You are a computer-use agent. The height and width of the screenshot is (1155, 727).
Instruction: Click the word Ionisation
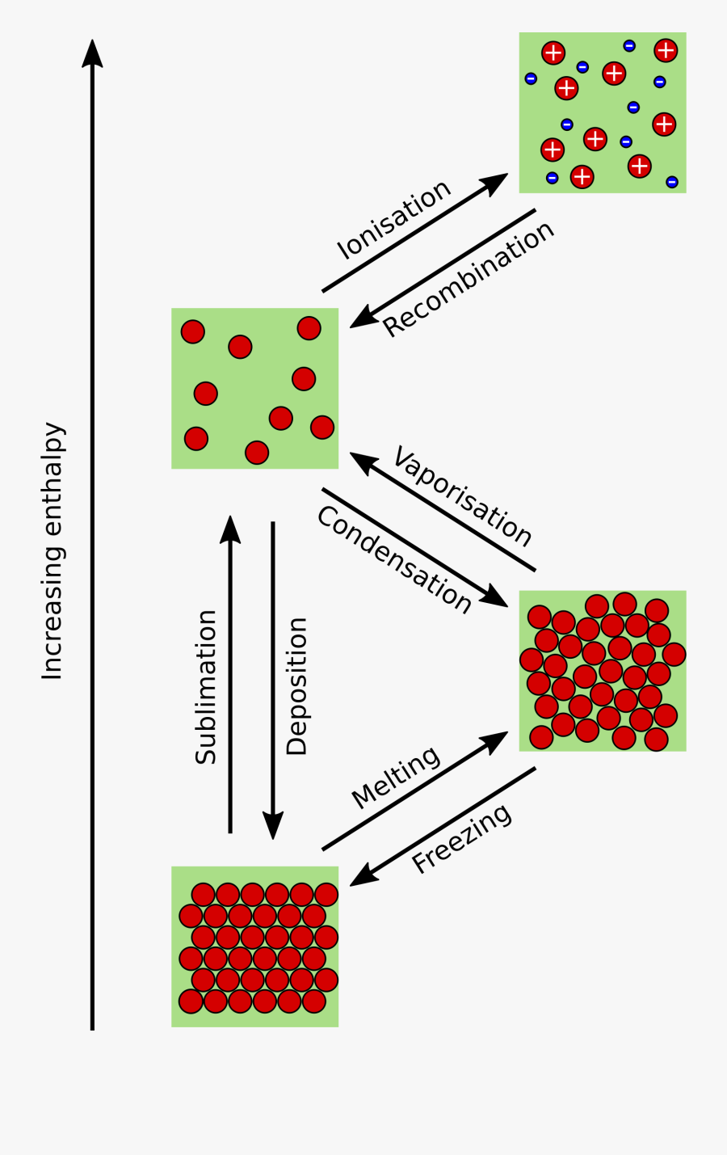pyautogui.click(x=393, y=219)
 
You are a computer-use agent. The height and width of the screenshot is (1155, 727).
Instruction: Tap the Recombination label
pyautogui.click(x=468, y=278)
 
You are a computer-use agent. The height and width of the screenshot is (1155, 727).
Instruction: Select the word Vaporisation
pyautogui.click(x=462, y=496)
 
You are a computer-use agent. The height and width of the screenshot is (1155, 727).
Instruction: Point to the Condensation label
pyautogui.click(x=394, y=559)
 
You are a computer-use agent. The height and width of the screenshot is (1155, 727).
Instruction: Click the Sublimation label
pyautogui.click(x=206, y=686)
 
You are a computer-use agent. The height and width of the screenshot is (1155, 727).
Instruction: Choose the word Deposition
pyautogui.click(x=297, y=686)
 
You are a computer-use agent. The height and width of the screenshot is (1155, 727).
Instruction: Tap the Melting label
pyautogui.click(x=396, y=777)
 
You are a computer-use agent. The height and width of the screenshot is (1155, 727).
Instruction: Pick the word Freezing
pyautogui.click(x=461, y=838)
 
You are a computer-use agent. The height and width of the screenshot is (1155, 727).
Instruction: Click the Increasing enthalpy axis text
pyautogui.click(x=53, y=550)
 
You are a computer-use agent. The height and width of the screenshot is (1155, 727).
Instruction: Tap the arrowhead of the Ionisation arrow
pyautogui.click(x=496, y=181)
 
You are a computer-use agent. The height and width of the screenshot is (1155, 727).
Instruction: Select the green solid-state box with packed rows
pyautogui.click(x=254, y=946)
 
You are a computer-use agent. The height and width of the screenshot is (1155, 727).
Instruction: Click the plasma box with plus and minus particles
pyautogui.click(x=603, y=112)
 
